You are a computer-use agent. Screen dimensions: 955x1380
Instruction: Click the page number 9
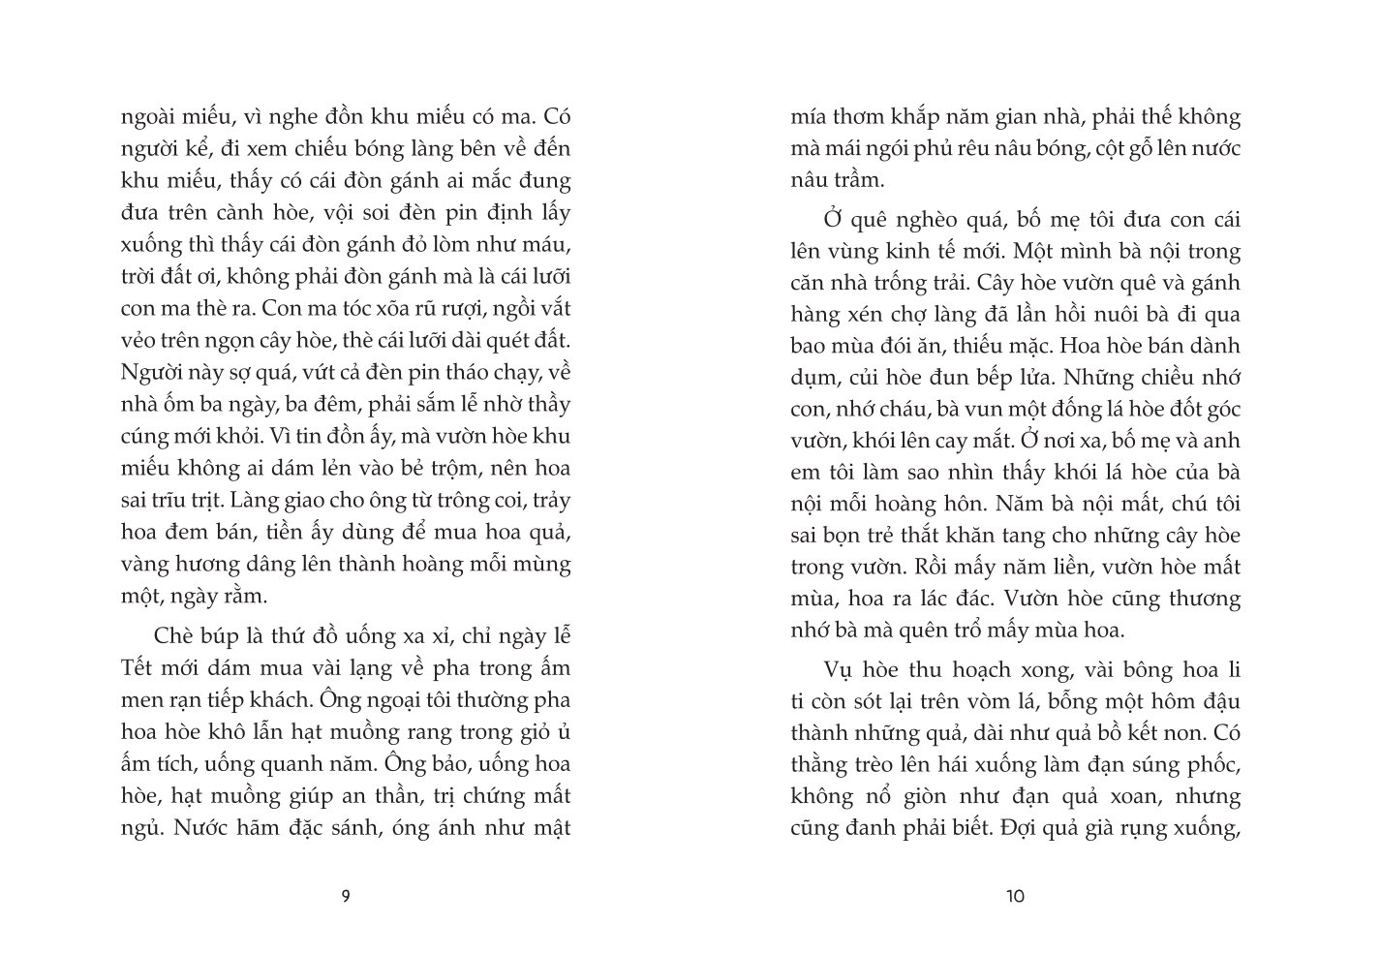[346, 896]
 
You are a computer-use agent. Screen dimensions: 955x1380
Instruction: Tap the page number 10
[1016, 896]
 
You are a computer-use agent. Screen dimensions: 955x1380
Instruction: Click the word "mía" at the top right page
[809, 117]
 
